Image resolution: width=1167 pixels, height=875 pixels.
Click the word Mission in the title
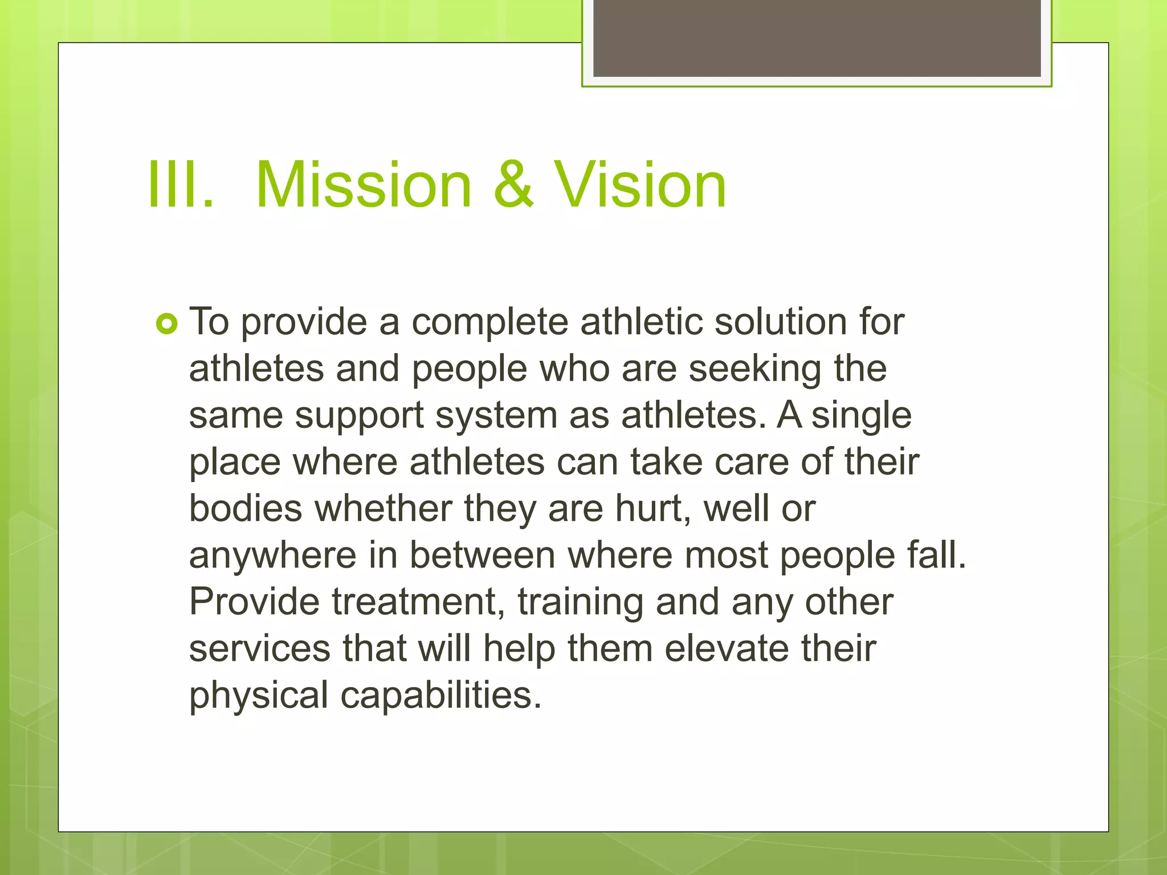pyautogui.click(x=364, y=185)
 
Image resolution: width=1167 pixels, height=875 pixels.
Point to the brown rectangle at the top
pyautogui.click(x=817, y=39)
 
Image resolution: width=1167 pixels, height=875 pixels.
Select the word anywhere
pyautogui.click(x=272, y=556)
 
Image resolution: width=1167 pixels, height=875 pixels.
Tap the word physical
pyautogui.click(x=259, y=696)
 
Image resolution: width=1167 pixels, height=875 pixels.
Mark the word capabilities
pyautogui.click(x=440, y=696)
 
